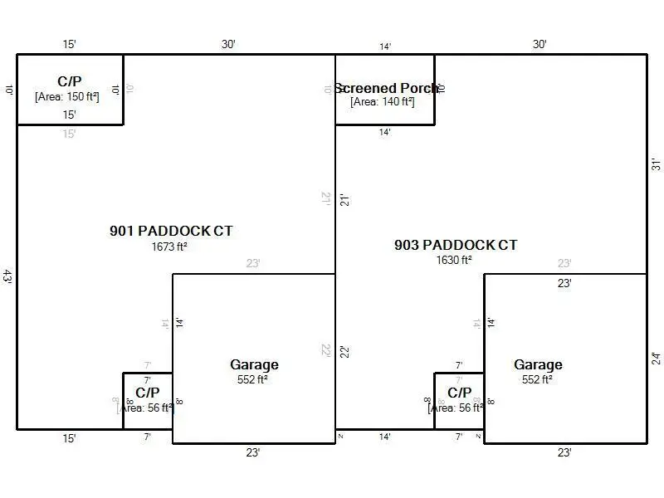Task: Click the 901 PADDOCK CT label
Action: click(171, 231)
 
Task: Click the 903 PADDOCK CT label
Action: click(455, 245)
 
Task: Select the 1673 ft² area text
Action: click(169, 247)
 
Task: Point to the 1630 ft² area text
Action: click(454, 260)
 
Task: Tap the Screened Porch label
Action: click(385, 88)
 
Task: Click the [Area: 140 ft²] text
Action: click(382, 102)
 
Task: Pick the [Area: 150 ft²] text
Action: click(67, 96)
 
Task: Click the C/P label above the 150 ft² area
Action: click(70, 81)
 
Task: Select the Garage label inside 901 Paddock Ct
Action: click(254, 364)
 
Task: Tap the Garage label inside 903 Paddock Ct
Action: click(538, 364)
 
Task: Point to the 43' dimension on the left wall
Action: click(7, 276)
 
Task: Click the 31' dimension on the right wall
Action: click(656, 164)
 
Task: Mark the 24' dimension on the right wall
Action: click(656, 359)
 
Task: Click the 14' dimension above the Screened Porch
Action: click(385, 47)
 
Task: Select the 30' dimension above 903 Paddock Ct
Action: click(539, 45)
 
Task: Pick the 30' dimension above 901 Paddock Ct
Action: click(228, 45)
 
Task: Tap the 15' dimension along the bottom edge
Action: click(70, 437)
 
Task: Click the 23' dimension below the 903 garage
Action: click(564, 452)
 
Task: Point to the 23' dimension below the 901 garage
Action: click(253, 452)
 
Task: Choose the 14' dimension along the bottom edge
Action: click(385, 437)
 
